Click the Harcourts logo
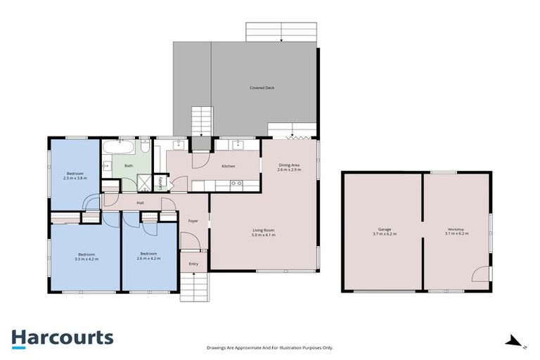pos(62,337)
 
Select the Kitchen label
pos(228,166)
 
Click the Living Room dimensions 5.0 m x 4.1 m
pos(264,235)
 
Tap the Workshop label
pos(456,230)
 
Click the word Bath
pos(128,166)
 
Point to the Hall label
pos(140,203)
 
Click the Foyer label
pos(192,221)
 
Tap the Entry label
pos(193,264)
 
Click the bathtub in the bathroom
pos(121,148)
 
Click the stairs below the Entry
pos(195,288)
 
